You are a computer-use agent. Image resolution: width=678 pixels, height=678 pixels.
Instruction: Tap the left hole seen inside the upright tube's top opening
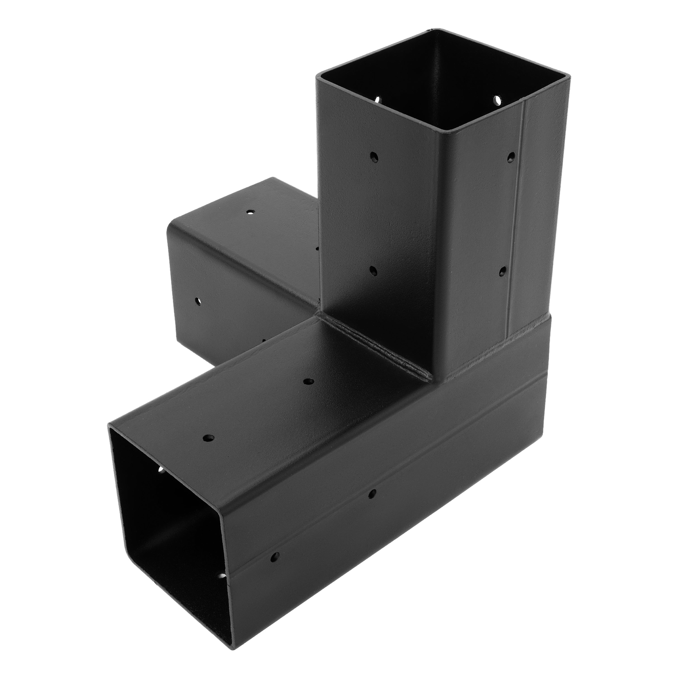(378, 100)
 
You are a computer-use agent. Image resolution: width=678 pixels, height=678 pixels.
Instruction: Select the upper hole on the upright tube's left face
(374, 157)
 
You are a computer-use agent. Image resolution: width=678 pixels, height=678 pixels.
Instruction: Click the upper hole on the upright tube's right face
(511, 157)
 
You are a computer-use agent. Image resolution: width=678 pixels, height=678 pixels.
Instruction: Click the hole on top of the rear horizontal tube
(251, 211)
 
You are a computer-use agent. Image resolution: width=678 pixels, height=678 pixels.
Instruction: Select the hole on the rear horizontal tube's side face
(197, 301)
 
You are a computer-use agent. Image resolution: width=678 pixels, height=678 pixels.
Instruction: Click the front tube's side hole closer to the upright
(372, 493)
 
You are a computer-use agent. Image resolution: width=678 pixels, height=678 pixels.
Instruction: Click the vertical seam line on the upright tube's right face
(518, 212)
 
